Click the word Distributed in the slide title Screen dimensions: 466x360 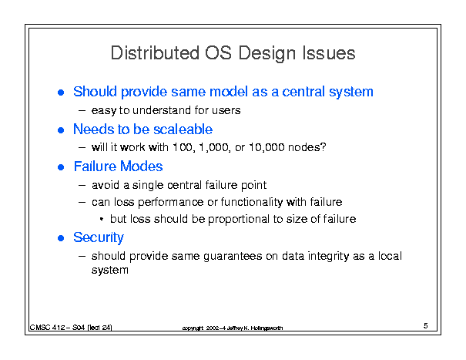coord(155,53)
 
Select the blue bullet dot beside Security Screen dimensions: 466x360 coord(61,238)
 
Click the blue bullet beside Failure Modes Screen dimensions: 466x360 coord(61,167)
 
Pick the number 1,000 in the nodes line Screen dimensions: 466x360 coord(215,147)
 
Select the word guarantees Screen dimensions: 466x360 coord(233,257)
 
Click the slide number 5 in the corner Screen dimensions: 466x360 coord(426,326)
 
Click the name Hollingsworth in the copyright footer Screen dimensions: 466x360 coord(267,328)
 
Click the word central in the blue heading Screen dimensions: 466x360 coord(303,92)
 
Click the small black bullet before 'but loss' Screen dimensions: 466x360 coord(102,220)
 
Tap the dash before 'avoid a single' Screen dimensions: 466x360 coord(82,185)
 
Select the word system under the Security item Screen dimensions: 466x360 coord(110,270)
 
